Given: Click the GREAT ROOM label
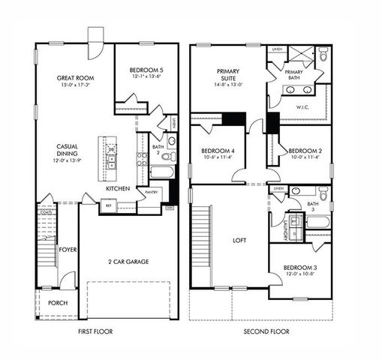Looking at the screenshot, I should click(x=74, y=77).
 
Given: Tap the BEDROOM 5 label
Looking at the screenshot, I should click(x=146, y=68).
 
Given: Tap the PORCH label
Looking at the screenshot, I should click(x=57, y=303).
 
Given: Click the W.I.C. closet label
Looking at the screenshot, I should click(x=303, y=107).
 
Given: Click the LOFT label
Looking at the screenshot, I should click(x=239, y=240).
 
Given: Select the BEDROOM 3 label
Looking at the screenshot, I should click(x=299, y=268).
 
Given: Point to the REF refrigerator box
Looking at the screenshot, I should click(x=108, y=204).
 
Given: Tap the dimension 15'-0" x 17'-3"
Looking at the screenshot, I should click(x=74, y=85).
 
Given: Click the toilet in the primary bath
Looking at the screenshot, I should click(x=323, y=54).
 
